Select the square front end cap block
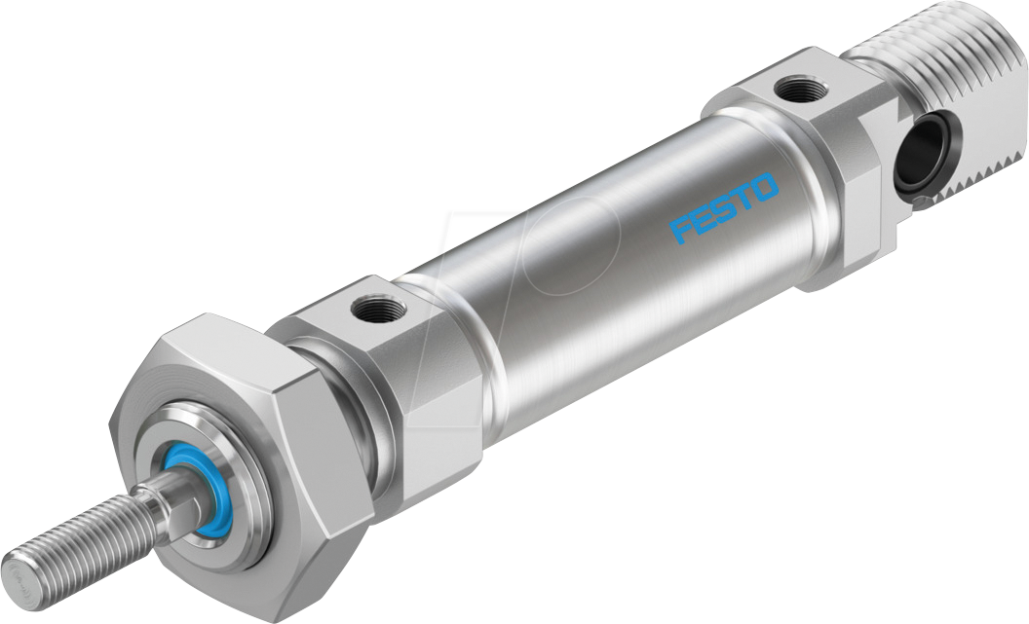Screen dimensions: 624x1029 tap(409, 370)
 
